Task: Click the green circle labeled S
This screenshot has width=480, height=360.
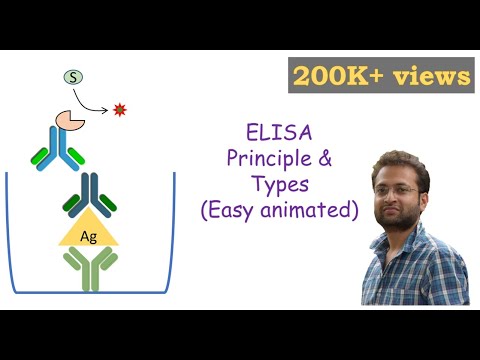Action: pyautogui.click(x=73, y=76)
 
